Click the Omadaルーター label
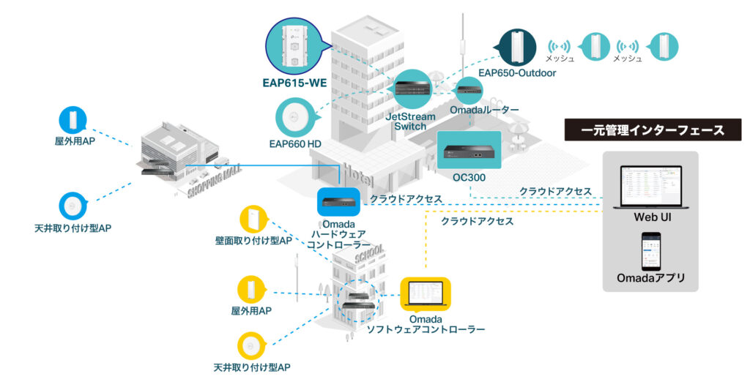pyautogui.click(x=484, y=110)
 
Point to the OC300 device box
pyautogui.click(x=469, y=151)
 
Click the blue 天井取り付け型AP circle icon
pyautogui.click(x=73, y=207)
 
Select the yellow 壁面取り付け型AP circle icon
pyautogui.click(x=253, y=219)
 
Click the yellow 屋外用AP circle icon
pyautogui.click(x=251, y=289)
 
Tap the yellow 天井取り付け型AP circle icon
pyautogui.click(x=251, y=345)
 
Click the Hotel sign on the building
pyautogui.click(x=357, y=175)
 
